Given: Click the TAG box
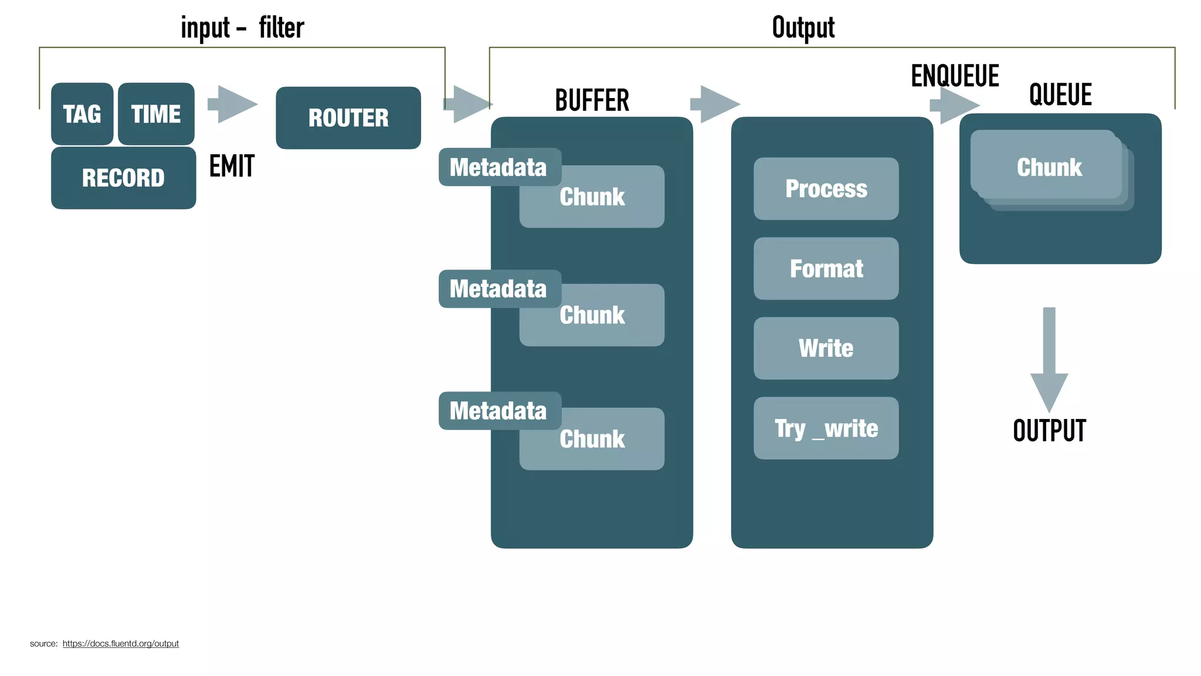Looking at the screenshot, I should click(x=82, y=114).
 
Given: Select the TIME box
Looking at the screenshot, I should click(x=156, y=114).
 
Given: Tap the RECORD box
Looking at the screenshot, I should click(x=123, y=178).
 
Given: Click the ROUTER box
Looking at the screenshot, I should click(x=348, y=118).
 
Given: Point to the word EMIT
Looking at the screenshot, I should click(x=232, y=166).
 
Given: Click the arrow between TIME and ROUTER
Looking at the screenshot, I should click(x=233, y=104).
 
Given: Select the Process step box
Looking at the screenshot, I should click(x=826, y=189).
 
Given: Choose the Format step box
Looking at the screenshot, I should click(x=826, y=269).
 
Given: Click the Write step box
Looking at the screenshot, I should click(x=826, y=349).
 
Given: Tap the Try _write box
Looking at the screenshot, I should click(x=826, y=428).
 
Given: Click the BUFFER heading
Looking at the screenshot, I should click(x=592, y=100).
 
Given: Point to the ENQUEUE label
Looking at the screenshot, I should click(x=955, y=76).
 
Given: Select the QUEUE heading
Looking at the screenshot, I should click(x=1060, y=95).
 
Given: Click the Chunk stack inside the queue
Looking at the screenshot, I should click(x=1050, y=168).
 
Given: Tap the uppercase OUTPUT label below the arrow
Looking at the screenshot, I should click(x=1049, y=431).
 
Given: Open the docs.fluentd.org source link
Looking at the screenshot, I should click(x=120, y=644).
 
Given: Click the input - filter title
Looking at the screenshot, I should click(x=242, y=28).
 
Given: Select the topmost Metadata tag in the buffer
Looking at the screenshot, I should click(x=499, y=167).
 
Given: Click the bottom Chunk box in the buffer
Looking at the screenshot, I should click(x=592, y=440).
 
